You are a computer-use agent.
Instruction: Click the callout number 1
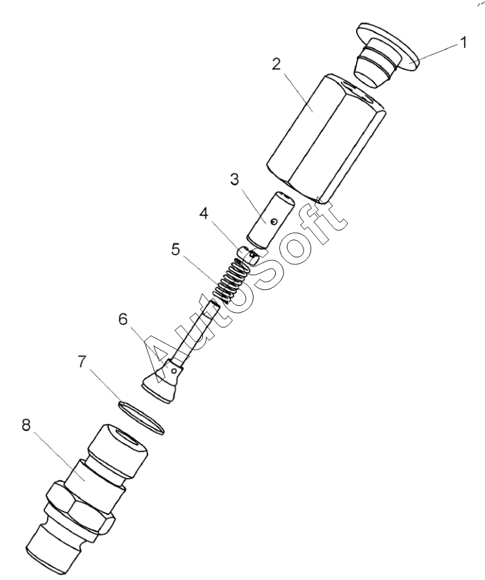pyautogui.click(x=462, y=42)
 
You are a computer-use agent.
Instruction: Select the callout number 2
pyautogui.click(x=276, y=65)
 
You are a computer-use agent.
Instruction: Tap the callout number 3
pyautogui.click(x=235, y=180)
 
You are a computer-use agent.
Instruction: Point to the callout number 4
pyautogui.click(x=204, y=214)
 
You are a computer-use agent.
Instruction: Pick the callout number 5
pyautogui.click(x=176, y=249)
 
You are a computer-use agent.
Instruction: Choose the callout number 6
pyautogui.click(x=123, y=319)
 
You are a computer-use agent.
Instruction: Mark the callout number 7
pyautogui.click(x=82, y=361)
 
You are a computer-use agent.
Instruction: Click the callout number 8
pyautogui.click(x=26, y=425)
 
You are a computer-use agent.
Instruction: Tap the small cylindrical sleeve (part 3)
pyautogui.click(x=271, y=219)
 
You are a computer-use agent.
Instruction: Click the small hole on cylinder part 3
pyautogui.click(x=274, y=221)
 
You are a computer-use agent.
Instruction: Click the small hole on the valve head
pyautogui.click(x=173, y=369)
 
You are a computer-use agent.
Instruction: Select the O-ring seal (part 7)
pyautogui.click(x=141, y=417)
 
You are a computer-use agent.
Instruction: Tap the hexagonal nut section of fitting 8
pyautogui.click(x=80, y=508)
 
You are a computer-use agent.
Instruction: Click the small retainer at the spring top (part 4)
pyautogui.click(x=248, y=255)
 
